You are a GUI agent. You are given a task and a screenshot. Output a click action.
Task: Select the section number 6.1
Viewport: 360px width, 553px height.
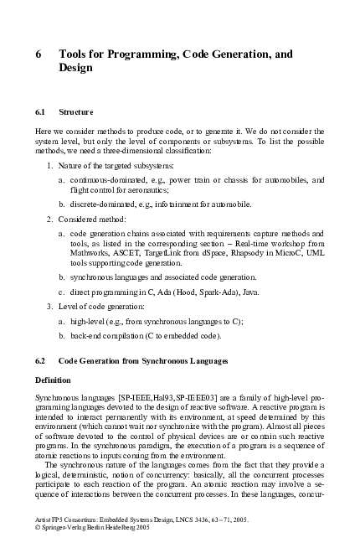click(x=41, y=111)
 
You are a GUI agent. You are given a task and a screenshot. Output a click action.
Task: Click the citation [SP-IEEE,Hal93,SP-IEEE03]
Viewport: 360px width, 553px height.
click(x=155, y=395)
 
